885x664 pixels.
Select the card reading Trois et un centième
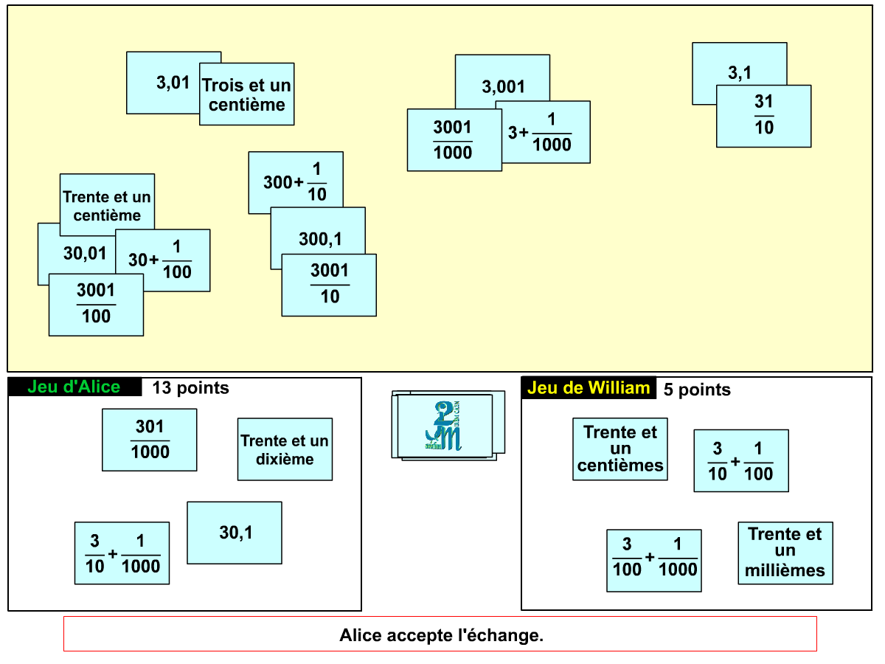(x=247, y=94)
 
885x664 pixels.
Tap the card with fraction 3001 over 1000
(x=453, y=140)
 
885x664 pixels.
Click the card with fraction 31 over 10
(x=763, y=117)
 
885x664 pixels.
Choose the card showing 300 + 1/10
(x=296, y=181)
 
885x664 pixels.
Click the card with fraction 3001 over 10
(x=329, y=285)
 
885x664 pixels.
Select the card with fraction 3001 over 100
(x=96, y=305)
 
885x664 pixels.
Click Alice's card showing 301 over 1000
(x=150, y=440)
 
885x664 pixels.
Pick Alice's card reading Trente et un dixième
(x=285, y=449)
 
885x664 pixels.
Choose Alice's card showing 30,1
(x=235, y=533)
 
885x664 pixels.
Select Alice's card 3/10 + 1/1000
(x=122, y=553)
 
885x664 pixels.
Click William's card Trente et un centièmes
(x=620, y=449)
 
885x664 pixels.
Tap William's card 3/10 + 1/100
(x=741, y=460)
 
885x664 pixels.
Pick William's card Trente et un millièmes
(x=785, y=553)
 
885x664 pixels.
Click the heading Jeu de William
(x=589, y=388)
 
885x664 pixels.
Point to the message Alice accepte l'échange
(x=440, y=634)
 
